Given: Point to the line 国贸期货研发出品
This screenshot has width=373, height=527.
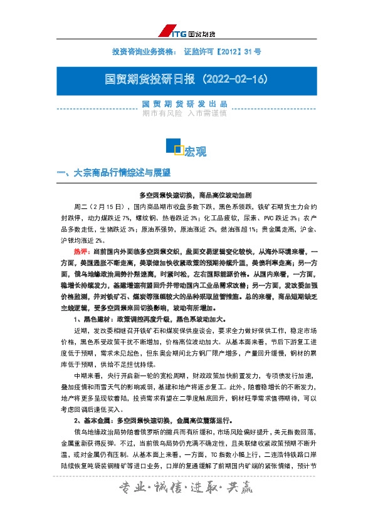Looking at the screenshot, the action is [x=186, y=103].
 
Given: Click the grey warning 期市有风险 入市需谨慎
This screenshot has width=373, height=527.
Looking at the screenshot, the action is [x=186, y=113].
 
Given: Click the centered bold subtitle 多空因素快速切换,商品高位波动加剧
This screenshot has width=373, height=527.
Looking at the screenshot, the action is [x=186, y=195].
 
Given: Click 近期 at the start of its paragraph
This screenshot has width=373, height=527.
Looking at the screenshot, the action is [x=81, y=330].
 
